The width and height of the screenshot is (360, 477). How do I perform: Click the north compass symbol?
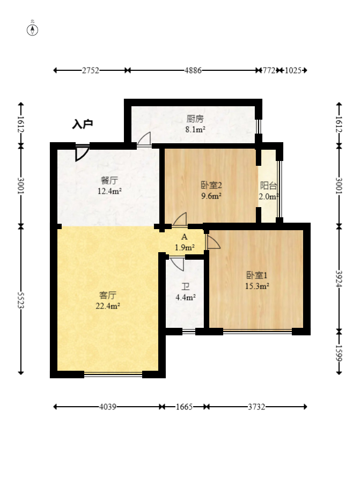(x=33, y=30)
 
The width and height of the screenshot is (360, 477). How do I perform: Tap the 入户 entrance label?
(x=83, y=124)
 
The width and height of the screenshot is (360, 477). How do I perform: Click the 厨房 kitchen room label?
(x=195, y=119)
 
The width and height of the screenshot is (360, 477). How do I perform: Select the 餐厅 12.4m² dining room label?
(x=109, y=186)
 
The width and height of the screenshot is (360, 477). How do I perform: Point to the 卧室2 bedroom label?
(x=211, y=185)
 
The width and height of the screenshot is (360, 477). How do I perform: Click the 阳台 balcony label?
(x=268, y=185)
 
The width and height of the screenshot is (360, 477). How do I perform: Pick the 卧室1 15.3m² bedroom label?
(x=257, y=281)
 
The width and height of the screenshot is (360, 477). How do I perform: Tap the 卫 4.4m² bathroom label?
(x=185, y=292)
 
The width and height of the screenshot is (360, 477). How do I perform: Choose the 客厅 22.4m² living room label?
(x=108, y=300)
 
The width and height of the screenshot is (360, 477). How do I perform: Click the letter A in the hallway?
(x=185, y=237)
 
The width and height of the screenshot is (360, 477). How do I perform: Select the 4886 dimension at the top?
(x=193, y=70)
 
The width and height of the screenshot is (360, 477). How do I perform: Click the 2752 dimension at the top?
(x=90, y=70)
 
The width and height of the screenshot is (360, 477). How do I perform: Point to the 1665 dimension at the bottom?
(x=184, y=407)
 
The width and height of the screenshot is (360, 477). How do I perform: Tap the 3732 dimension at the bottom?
(x=256, y=407)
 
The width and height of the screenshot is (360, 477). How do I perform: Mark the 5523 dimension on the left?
(x=21, y=300)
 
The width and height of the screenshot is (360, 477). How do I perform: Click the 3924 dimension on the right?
(x=339, y=278)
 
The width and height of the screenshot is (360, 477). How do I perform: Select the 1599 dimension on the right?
(x=339, y=353)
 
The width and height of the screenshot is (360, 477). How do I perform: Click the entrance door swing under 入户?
(x=82, y=153)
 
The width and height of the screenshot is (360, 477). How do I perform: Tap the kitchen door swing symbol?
(x=144, y=140)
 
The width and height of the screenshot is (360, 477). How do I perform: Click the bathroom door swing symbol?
(x=177, y=264)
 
